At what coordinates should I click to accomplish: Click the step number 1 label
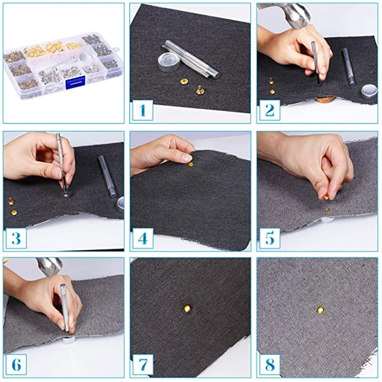142,110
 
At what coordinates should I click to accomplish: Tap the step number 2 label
269,110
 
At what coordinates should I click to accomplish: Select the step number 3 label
16,238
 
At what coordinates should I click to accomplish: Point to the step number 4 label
142,238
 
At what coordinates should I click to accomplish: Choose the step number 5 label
269,238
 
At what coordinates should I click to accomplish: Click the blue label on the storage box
75,82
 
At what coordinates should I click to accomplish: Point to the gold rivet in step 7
187,308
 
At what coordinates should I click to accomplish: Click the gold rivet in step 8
320,310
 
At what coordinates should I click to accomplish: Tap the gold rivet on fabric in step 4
191,165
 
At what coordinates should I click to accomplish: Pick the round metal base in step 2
369,91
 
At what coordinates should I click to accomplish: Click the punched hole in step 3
66,195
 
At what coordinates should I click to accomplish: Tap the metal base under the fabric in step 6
70,340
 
